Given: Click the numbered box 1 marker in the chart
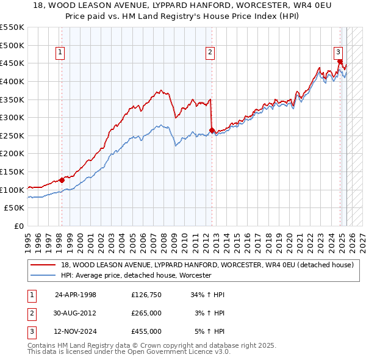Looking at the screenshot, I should point(61,53).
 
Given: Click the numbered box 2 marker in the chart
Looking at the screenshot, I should point(210,53).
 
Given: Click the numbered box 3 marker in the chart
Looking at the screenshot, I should point(338,53).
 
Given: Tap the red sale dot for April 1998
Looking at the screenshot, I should point(62,180).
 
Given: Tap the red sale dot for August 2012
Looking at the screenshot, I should point(212,130).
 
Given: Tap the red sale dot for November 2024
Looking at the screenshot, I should point(339,61).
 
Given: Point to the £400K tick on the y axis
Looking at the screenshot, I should point(13,81).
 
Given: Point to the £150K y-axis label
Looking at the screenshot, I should point(13,171).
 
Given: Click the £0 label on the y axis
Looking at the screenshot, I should point(19,226).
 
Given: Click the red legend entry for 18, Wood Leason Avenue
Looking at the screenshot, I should point(207,265).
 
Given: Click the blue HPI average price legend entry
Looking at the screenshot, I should point(135,276).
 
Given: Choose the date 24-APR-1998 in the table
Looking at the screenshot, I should point(76,295).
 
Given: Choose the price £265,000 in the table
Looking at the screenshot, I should point(146,313).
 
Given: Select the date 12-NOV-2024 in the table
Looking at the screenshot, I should point(76,331).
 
